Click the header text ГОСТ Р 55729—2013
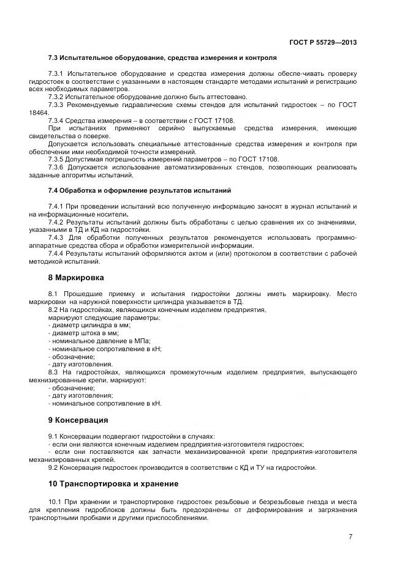[x=323, y=42]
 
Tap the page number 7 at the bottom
[x=350, y=537]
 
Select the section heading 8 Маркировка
[x=76, y=277]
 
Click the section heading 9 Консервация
[x=78, y=420]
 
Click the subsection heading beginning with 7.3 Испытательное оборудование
[x=162, y=58]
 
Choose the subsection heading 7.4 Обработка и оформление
[x=139, y=191]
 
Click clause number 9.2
[x=52, y=468]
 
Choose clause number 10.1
[x=55, y=502]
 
